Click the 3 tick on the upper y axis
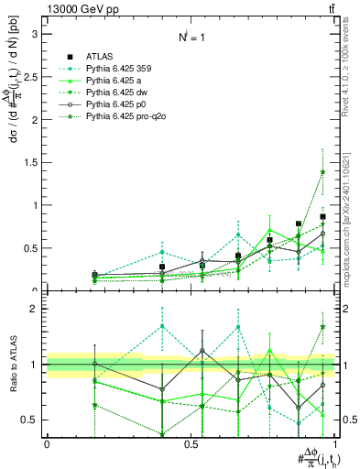[35, 34]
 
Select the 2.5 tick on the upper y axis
[31, 77]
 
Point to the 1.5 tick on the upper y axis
[31, 162]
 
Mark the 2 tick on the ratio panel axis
[35, 310]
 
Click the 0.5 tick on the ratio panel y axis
[31, 420]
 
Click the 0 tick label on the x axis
[47, 444]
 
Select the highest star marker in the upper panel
[322, 171]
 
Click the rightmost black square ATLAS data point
[322, 217]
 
